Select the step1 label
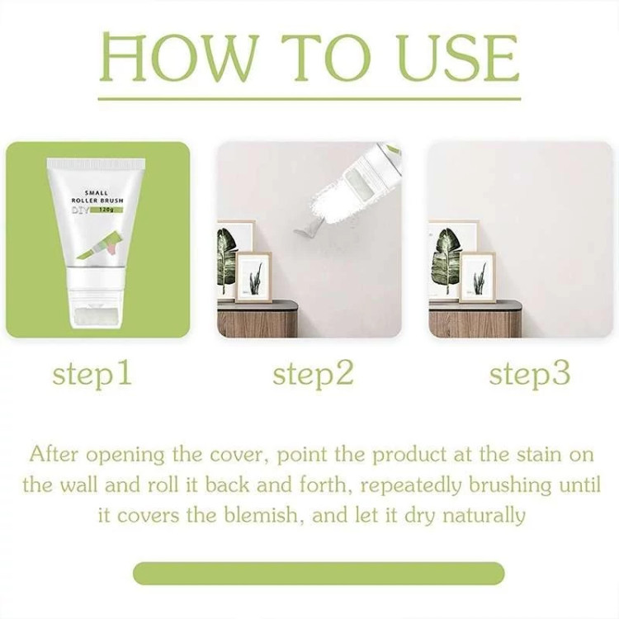point(92,375)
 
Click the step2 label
point(313,375)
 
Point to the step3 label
point(530,375)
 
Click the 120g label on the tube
point(107,210)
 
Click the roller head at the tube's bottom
point(97,317)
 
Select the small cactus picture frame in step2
point(254,276)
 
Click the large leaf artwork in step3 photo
point(446,261)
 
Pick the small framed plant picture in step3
point(478,277)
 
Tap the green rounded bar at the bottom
point(319,574)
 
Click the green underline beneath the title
point(309,99)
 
